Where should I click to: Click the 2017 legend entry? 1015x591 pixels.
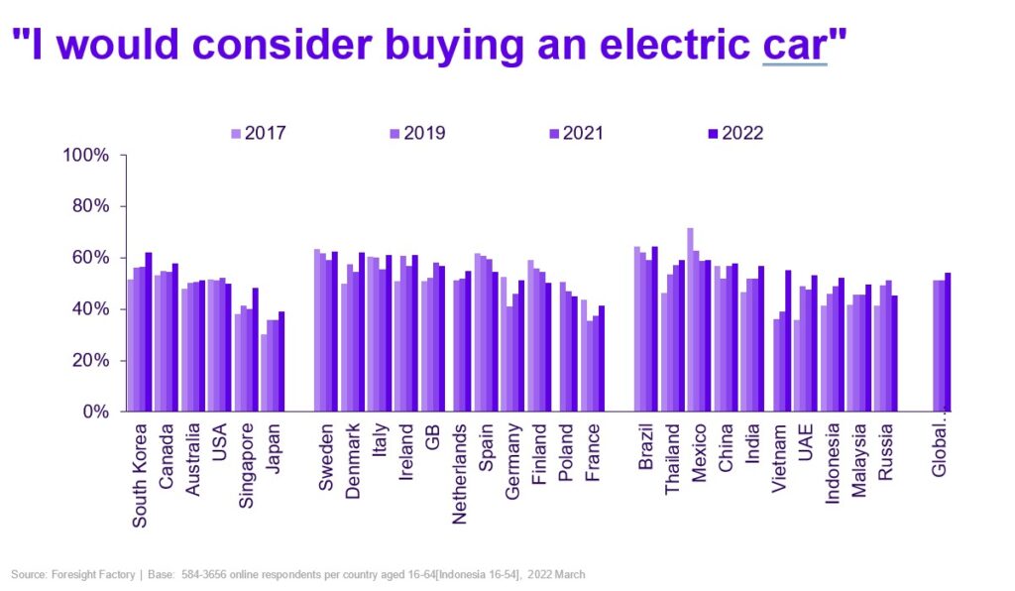[258, 133]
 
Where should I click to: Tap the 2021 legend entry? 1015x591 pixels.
[575, 133]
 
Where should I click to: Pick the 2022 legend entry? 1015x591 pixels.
[734, 133]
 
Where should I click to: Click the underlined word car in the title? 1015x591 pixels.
[794, 46]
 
